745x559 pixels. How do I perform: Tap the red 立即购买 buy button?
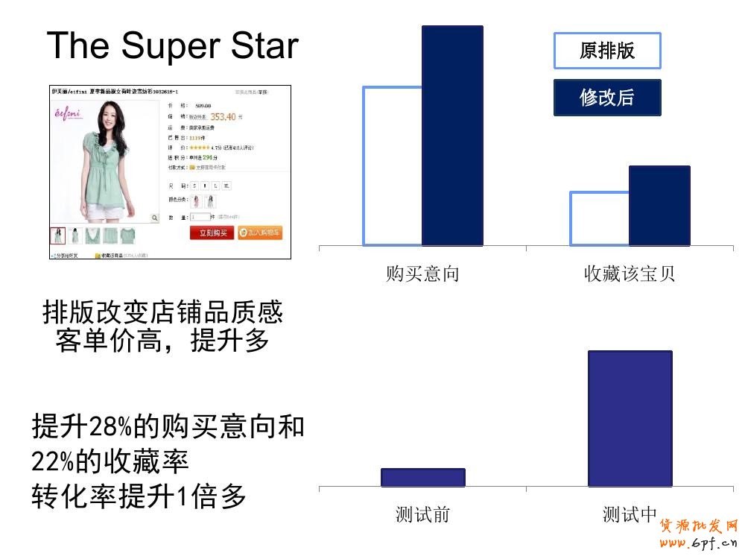click(212, 233)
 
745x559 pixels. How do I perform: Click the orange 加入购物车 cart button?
click(260, 233)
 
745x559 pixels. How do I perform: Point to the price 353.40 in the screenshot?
click(223, 117)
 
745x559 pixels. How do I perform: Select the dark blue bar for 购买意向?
click(452, 136)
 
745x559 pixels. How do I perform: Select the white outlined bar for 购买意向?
click(393, 165)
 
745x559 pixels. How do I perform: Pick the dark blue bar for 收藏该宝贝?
click(659, 206)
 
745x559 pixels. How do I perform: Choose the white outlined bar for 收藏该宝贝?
click(600, 218)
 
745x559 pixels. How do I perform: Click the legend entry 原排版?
click(607, 51)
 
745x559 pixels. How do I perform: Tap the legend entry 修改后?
click(607, 98)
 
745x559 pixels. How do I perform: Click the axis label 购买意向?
click(422, 274)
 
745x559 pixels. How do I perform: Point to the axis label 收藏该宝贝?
click(630, 274)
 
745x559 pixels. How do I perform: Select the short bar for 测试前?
click(422, 478)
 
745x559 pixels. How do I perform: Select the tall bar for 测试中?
click(630, 418)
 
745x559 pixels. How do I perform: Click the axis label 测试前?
click(422, 514)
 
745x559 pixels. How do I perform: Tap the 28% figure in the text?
click(110, 427)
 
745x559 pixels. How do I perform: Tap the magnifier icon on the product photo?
click(154, 218)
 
